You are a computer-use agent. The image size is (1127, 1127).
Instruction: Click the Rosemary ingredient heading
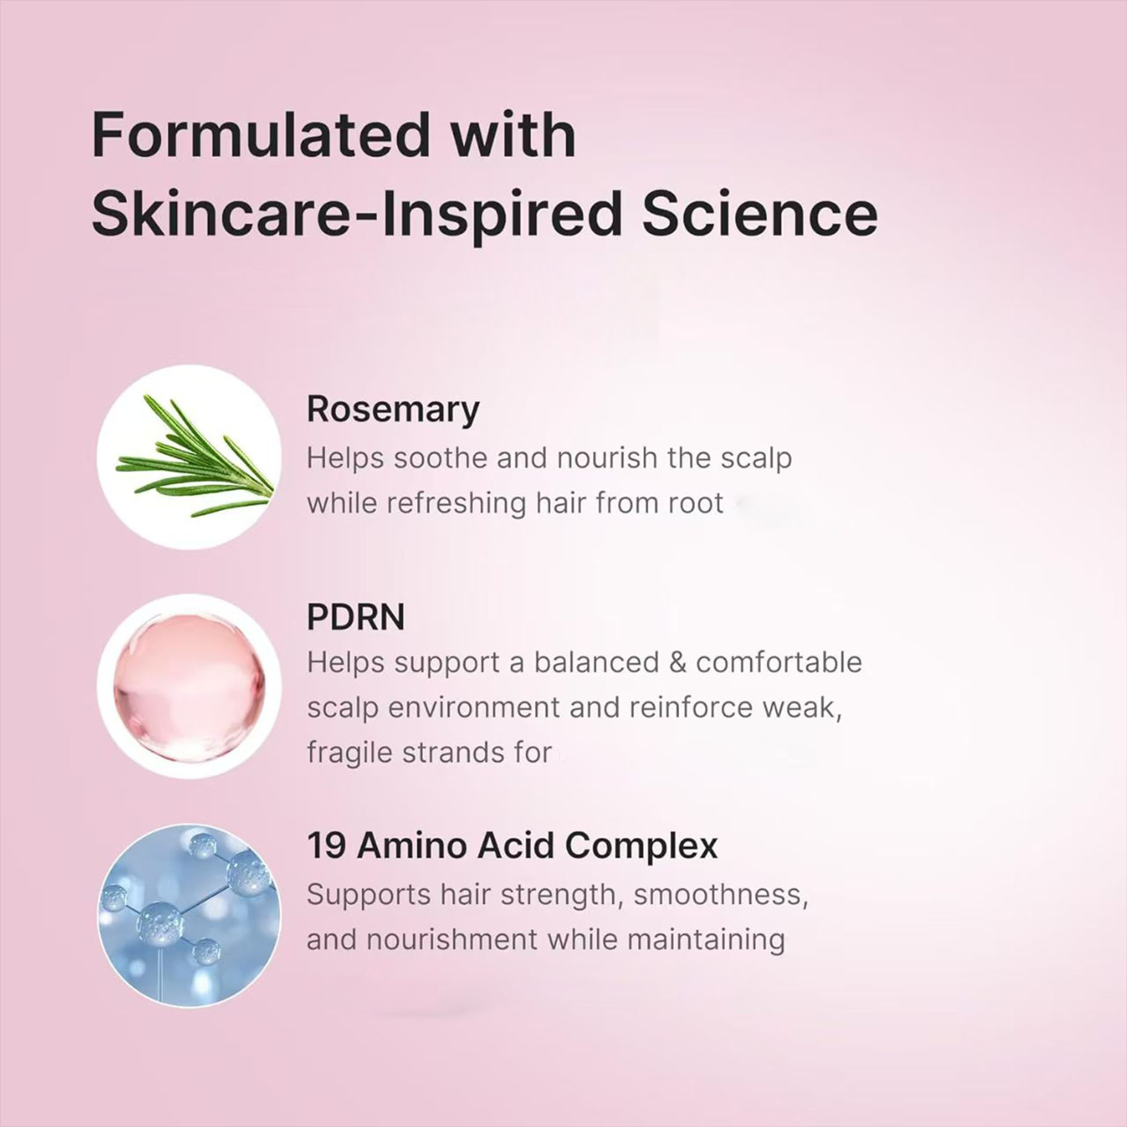click(393, 411)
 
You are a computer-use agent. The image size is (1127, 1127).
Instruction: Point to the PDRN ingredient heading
click(356, 617)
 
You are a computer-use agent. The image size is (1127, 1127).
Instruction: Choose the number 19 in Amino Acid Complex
click(326, 845)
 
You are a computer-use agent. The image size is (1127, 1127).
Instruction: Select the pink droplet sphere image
click(190, 686)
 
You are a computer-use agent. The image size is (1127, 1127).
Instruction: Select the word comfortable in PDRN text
click(779, 662)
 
